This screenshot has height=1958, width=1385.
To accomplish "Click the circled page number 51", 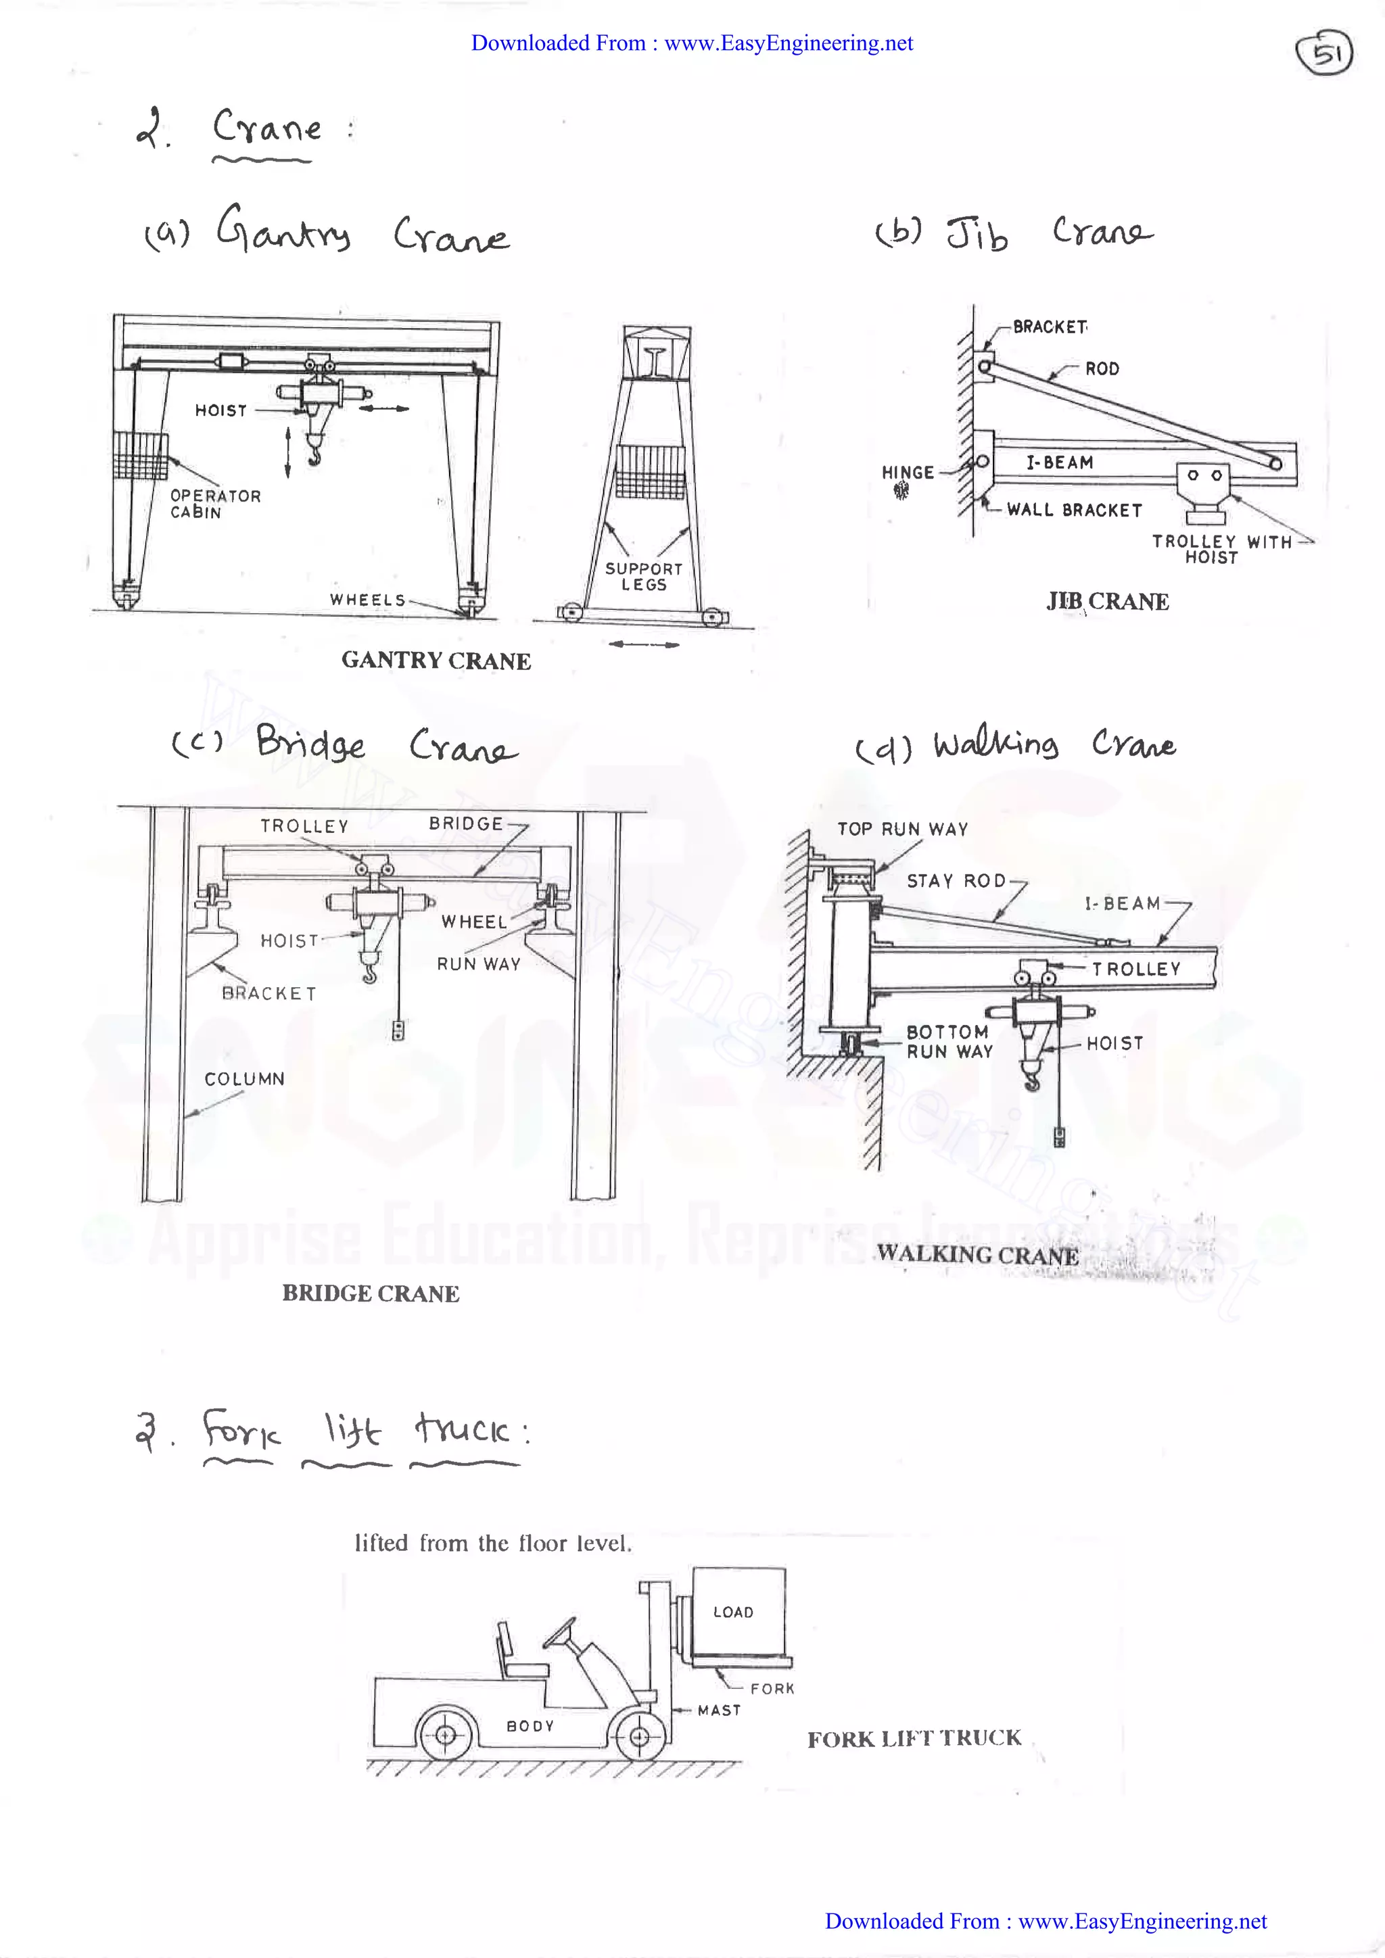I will pyautogui.click(x=1323, y=53).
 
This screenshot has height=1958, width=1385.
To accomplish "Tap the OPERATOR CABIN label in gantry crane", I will pyautogui.click(x=215, y=503).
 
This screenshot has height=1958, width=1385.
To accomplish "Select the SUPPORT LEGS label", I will pyautogui.click(x=644, y=577).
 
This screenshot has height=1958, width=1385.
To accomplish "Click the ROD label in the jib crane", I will pyautogui.click(x=1102, y=368).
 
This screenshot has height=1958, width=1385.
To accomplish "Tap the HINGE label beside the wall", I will pyautogui.click(x=908, y=473).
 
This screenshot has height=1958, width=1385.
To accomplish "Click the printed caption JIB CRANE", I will pyautogui.click(x=1107, y=601).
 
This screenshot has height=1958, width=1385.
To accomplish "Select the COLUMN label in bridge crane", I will pyautogui.click(x=244, y=1079).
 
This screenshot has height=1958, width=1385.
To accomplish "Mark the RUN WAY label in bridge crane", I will pyautogui.click(x=478, y=963).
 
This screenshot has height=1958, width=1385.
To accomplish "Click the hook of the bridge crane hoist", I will pyautogui.click(x=369, y=972).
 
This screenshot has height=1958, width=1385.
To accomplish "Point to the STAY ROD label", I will pyautogui.click(x=956, y=881).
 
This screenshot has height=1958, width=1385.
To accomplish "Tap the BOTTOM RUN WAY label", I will pyautogui.click(x=948, y=1041).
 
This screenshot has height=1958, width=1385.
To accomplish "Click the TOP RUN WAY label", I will pyautogui.click(x=902, y=829).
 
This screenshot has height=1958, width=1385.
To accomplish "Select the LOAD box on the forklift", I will pyautogui.click(x=738, y=1611).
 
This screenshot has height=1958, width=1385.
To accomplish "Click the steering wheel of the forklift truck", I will pyautogui.click(x=559, y=1633).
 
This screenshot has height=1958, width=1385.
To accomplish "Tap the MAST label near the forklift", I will pyautogui.click(x=719, y=1710).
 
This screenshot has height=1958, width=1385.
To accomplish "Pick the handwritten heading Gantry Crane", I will pyautogui.click(x=362, y=232).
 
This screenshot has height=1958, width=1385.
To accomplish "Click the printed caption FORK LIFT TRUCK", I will pyautogui.click(x=914, y=1739).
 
